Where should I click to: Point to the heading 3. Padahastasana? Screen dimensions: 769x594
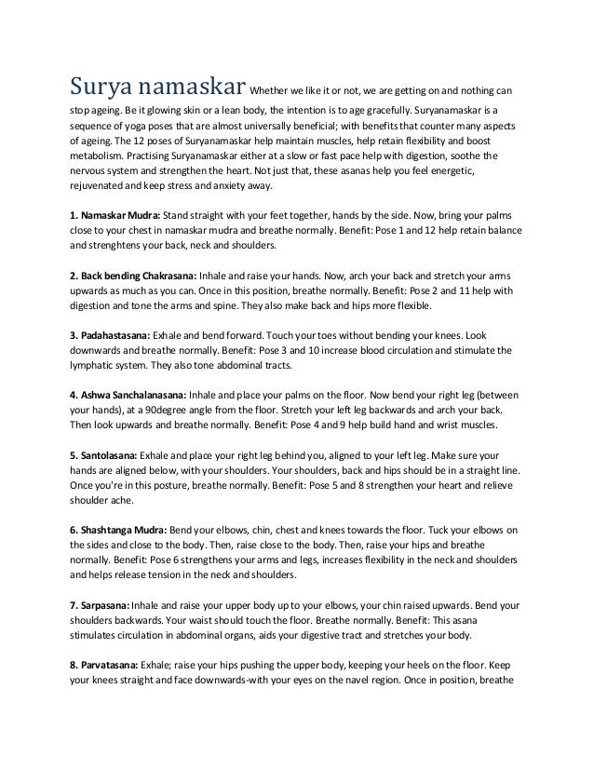pyautogui.click(x=107, y=334)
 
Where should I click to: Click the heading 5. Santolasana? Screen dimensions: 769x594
pyautogui.click(x=103, y=455)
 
